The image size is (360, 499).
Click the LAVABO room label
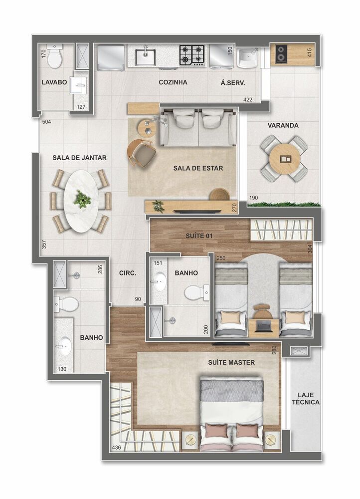(x=54, y=82)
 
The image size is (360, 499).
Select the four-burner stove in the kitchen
(x=192, y=55)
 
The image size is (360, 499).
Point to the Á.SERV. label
(x=233, y=83)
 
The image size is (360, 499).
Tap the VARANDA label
(x=283, y=125)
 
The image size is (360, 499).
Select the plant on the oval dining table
(x=82, y=199)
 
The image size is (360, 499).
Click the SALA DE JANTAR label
(x=80, y=158)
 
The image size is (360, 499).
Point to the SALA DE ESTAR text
(x=198, y=168)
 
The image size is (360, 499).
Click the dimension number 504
(x=46, y=122)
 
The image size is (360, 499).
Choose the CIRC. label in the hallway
(x=128, y=273)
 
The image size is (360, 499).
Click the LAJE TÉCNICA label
(x=306, y=398)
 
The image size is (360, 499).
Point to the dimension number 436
(x=117, y=447)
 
